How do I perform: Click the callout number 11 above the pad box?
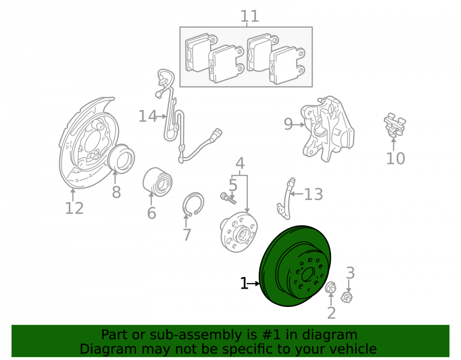(249, 16)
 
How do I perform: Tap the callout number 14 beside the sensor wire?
(148, 116)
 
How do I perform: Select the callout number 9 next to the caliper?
(288, 124)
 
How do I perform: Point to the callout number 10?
(396, 159)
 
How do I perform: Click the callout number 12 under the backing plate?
(74, 208)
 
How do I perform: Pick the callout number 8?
(117, 193)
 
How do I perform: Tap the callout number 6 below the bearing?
(151, 213)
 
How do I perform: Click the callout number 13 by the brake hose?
(313, 194)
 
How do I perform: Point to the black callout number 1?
(244, 283)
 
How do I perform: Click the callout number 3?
(350, 273)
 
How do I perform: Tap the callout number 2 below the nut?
(331, 313)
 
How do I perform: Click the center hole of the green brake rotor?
(308, 274)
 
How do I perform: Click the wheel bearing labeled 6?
(157, 181)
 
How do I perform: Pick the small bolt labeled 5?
(228, 198)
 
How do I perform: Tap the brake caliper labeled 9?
(327, 129)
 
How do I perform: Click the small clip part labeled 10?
(395, 125)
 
